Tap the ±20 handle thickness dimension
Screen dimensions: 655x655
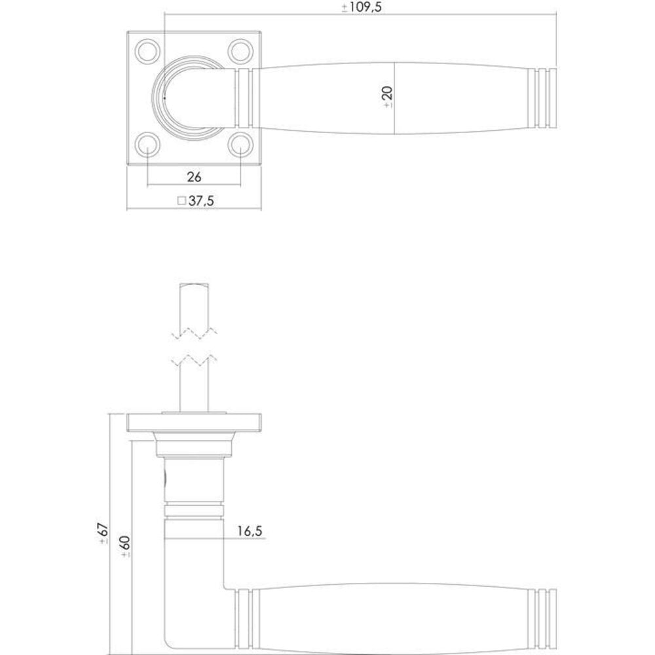387,96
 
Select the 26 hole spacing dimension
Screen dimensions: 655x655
194,177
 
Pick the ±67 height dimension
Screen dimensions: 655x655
103,534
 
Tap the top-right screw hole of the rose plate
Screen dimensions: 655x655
241,50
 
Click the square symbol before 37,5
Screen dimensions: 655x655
181,202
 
